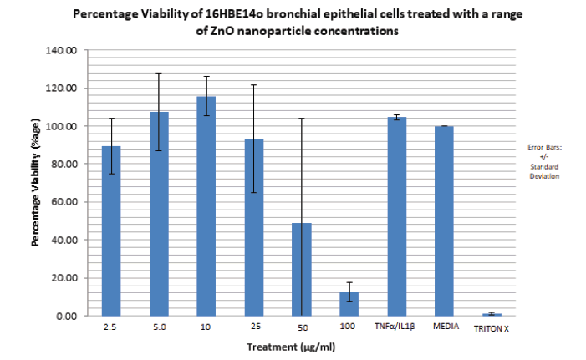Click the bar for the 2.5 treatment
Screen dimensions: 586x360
(x=111, y=231)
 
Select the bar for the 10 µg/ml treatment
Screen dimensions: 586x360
(x=206, y=206)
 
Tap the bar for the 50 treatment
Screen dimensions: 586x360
(x=302, y=270)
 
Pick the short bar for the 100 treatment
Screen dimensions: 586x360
(x=349, y=304)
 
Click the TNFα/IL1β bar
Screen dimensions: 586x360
(x=397, y=216)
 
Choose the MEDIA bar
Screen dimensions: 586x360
(x=444, y=221)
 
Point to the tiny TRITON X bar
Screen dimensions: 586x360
(x=492, y=315)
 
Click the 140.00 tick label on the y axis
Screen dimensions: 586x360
(x=61, y=50)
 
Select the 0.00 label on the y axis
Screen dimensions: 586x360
(x=67, y=317)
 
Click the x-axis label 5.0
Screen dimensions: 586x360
(x=160, y=327)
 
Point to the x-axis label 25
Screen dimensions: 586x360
(x=256, y=327)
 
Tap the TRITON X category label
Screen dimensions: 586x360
(x=492, y=328)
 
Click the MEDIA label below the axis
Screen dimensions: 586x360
(x=446, y=327)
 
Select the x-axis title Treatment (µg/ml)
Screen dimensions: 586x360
(x=291, y=347)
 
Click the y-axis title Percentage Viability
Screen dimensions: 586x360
(x=35, y=182)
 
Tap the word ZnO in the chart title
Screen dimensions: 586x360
(x=222, y=31)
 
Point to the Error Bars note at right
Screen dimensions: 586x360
(x=544, y=162)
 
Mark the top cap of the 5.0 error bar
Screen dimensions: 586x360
(x=159, y=73)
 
